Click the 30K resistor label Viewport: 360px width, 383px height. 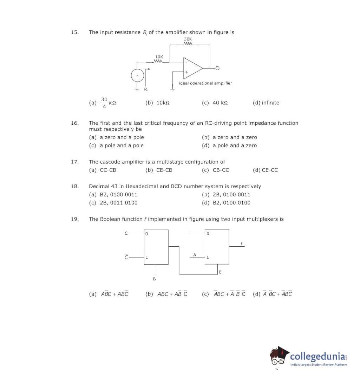pos(188,39)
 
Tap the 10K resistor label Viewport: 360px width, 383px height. pos(159,57)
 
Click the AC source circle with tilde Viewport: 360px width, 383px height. pos(138,76)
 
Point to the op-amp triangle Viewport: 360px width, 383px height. pos(193,68)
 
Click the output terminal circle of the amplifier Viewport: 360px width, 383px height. pos(217,68)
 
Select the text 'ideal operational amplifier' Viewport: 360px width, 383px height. pos(205,83)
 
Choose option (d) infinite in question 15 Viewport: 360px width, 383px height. pos(266,103)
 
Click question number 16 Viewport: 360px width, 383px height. pos(75,123)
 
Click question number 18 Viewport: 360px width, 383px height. pos(75,186)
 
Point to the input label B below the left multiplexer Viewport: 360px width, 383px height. pos(154,279)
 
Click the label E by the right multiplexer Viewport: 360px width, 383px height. pos(220,272)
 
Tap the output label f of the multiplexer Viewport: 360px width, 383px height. pos(241,244)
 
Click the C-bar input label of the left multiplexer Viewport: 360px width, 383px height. pos(126,257)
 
